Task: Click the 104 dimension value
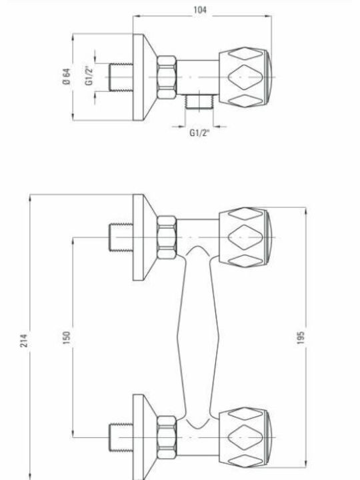click(200, 10)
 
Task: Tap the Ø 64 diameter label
click(66, 77)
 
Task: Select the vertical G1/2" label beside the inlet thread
click(89, 75)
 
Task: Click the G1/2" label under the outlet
click(199, 133)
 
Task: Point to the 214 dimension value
click(24, 341)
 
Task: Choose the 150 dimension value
click(67, 337)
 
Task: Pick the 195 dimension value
click(301, 337)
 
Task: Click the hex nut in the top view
click(167, 77)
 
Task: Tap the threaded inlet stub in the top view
click(121, 77)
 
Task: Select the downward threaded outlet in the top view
click(199, 101)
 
